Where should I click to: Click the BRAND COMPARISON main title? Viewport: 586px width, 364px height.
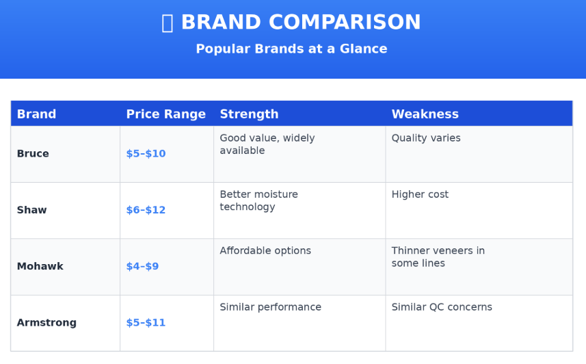301,22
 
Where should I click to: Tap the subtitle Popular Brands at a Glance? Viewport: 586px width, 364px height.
291,49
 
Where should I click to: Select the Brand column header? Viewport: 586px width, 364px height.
36,114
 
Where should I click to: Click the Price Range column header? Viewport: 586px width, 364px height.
166,114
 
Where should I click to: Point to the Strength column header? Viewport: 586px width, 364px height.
249,114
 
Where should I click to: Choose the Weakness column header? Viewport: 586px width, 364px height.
425,114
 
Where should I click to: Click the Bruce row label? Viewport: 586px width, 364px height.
33,153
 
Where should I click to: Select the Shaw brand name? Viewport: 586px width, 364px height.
31,210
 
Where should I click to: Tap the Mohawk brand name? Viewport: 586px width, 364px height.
40,266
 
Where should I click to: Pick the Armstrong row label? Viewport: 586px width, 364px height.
46,322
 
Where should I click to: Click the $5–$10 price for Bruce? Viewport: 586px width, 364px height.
146,153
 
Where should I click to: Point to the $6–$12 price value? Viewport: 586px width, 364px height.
146,210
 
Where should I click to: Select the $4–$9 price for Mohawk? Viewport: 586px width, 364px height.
142,266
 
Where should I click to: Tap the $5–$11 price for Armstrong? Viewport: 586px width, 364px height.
146,322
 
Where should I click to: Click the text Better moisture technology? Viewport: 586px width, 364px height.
258,200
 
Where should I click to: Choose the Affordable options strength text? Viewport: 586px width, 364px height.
265,250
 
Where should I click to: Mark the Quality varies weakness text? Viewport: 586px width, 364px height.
426,138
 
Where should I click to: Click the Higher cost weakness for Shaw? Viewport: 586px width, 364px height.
420,194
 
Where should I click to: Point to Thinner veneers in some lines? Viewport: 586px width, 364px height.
438,257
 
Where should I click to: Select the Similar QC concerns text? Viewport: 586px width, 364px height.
442,307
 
